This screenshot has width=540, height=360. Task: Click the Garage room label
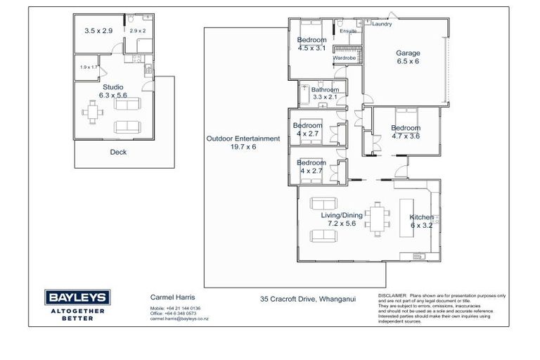(x=407, y=53)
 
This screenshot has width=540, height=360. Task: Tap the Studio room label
(x=112, y=87)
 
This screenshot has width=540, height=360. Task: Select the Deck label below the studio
(x=118, y=152)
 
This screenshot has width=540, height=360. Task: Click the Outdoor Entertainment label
(x=243, y=139)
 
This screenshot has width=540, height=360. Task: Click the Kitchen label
(x=422, y=217)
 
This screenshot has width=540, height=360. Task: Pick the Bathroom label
(x=326, y=90)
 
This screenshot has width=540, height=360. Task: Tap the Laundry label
(x=382, y=24)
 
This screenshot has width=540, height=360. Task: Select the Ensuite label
(x=348, y=31)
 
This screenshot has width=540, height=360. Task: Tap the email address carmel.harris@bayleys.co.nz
(x=179, y=319)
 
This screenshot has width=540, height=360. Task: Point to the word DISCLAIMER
(x=393, y=296)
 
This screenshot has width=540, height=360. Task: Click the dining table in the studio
(x=92, y=110)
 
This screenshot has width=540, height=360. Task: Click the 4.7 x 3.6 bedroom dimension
(x=405, y=136)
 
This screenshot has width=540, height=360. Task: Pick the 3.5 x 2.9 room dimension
(x=98, y=31)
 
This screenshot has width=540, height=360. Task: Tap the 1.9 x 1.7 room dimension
(x=89, y=67)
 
